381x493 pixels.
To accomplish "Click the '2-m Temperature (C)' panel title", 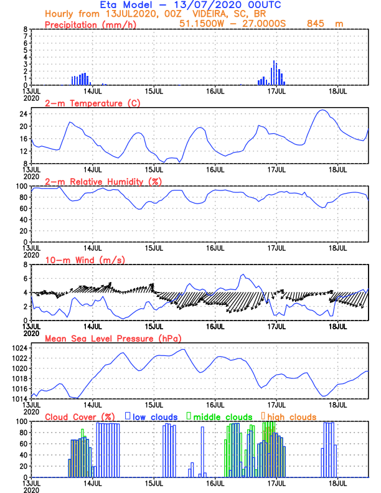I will click(x=90, y=103).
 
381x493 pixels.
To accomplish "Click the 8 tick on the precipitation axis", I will click(x=26, y=29).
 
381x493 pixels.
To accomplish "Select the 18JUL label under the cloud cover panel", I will click(x=337, y=482).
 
